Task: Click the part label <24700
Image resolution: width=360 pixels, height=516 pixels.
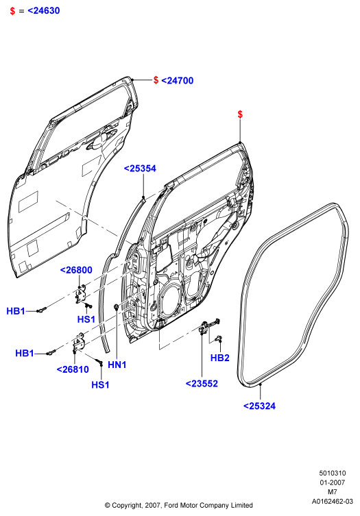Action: [177, 81]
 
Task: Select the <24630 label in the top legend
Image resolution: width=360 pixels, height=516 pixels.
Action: [44, 10]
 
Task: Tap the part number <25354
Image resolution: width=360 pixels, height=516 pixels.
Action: [140, 169]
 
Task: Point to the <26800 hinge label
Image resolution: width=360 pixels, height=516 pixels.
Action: [76, 270]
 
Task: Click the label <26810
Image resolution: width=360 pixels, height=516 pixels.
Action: [73, 369]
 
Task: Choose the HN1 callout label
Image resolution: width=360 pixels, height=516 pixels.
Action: [117, 365]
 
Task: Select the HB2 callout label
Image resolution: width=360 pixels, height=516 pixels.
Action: [219, 358]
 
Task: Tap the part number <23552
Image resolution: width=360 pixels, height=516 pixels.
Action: [202, 384]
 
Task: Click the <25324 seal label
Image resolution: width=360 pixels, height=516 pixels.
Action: [259, 406]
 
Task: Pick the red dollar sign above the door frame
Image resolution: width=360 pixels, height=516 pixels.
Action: [240, 114]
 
